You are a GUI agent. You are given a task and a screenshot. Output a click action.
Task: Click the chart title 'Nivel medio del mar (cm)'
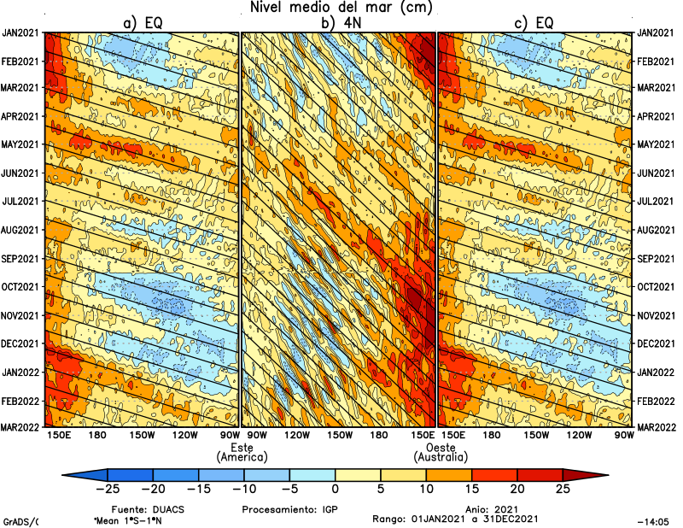(x=341, y=8)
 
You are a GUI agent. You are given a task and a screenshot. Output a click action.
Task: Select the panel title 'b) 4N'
(x=339, y=23)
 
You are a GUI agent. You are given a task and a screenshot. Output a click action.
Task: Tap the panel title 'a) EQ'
(x=143, y=23)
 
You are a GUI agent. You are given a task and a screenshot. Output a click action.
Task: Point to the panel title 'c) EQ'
(x=535, y=23)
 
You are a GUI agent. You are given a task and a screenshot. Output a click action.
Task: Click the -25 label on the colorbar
(x=107, y=490)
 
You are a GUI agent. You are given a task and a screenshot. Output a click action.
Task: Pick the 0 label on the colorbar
(x=335, y=490)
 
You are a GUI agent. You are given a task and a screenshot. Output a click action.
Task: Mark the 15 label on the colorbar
(x=471, y=490)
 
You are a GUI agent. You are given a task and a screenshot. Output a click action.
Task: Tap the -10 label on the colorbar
(x=243, y=490)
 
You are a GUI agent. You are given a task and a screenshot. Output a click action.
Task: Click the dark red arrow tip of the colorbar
(x=597, y=474)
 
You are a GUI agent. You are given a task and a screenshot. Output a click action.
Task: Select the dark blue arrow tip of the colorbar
(x=73, y=474)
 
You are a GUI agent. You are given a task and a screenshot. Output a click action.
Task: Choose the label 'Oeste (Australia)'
(x=441, y=453)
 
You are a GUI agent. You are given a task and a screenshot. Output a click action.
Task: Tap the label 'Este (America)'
(x=243, y=453)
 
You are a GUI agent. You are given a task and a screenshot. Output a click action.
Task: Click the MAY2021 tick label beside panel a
(x=20, y=144)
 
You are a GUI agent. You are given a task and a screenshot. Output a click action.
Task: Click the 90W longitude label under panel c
(x=624, y=436)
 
